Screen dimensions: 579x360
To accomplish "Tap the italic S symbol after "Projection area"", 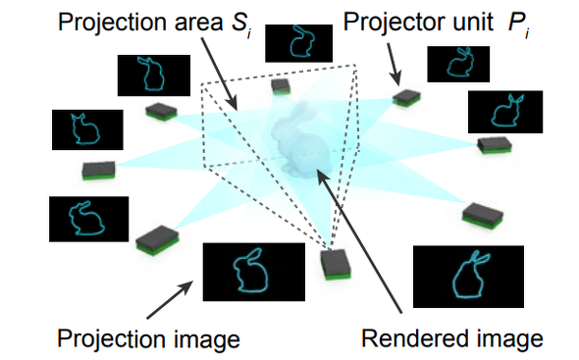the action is tap(241, 24).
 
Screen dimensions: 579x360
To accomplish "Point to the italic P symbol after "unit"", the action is tap(518, 24).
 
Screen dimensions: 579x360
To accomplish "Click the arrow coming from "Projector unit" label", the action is tap(394, 65).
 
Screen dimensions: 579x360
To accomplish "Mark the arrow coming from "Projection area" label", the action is tap(219, 74).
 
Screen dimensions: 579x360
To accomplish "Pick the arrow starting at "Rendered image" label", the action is tap(359, 241).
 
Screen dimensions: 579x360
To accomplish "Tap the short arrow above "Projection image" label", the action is tap(170, 299).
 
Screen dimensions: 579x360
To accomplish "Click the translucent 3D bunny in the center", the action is tap(301, 139).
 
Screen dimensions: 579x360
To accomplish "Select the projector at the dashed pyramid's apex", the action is tap(336, 265).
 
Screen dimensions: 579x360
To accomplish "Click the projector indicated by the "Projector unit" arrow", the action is tap(406, 97).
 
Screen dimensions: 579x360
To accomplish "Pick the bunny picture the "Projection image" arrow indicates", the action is tap(254, 272).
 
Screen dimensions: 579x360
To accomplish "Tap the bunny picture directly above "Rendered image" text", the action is tap(468, 277).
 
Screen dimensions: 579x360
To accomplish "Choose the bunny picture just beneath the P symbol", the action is tap(458, 64).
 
